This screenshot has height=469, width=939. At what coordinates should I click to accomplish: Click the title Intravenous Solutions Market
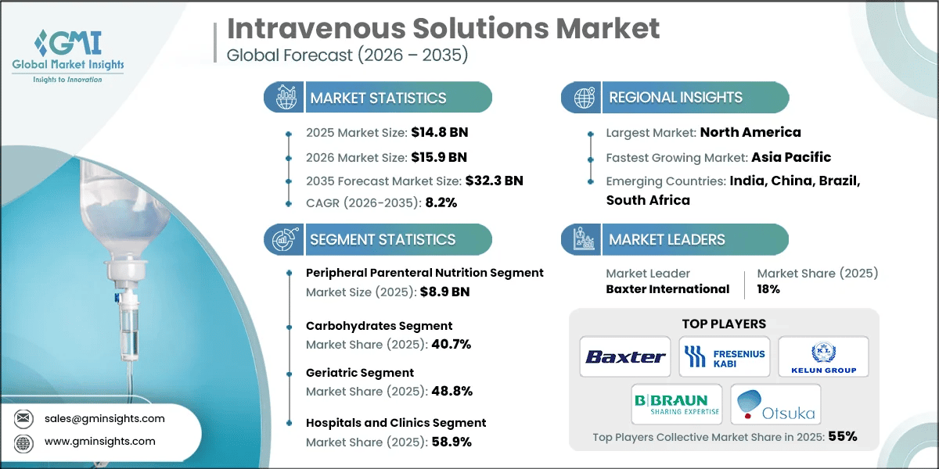443,28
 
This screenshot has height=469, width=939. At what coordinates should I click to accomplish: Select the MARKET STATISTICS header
378,98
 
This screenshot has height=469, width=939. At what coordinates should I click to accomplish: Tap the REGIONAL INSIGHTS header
675,98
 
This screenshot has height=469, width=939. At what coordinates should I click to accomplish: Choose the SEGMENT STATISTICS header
382,239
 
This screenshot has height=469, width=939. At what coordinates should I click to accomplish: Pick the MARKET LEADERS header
667,239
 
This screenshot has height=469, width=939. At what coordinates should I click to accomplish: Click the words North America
750,132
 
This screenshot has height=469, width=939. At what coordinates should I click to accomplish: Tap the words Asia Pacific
791,157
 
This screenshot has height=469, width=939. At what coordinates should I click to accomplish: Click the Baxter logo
625,357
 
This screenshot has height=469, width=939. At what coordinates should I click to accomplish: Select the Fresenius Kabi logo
724,357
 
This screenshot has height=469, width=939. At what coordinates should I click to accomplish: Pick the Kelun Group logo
822,356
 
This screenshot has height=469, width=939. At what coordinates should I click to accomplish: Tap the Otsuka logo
775,404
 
